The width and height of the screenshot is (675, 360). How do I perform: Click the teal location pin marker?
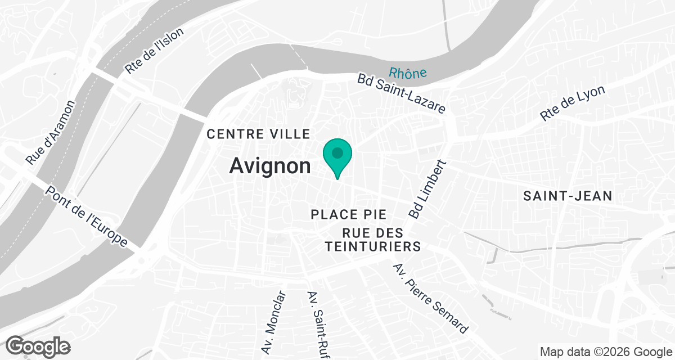(337, 157)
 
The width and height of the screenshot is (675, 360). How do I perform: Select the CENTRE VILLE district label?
(259, 134)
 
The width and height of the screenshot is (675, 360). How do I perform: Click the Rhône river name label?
(407, 73)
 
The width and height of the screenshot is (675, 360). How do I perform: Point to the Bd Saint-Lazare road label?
(401, 93)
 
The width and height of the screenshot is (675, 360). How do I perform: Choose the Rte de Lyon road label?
(572, 103)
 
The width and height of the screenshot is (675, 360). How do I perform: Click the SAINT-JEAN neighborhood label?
(567, 196)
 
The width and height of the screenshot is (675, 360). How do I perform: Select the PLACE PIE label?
(349, 214)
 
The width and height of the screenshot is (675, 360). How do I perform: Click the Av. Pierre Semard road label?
(430, 298)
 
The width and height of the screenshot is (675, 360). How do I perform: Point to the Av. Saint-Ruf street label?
(318, 323)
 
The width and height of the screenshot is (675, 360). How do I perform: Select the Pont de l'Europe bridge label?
(87, 216)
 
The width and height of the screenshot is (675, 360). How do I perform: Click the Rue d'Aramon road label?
(50, 133)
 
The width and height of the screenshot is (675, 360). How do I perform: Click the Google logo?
(38, 345)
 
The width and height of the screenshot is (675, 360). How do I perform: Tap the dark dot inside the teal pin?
(337, 152)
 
